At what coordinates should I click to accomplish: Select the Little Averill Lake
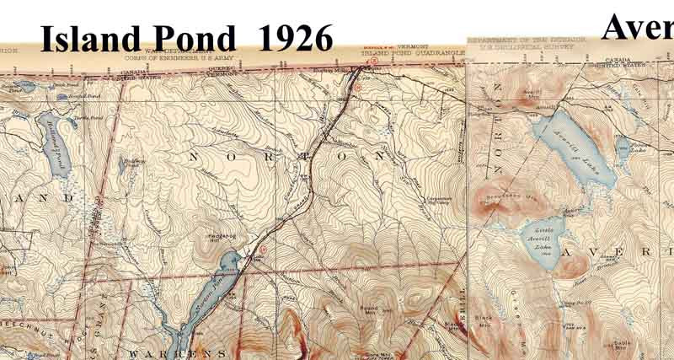tap(540, 240)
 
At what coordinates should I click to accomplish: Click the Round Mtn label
tap(368, 309)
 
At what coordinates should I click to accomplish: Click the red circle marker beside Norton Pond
tap(262, 250)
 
